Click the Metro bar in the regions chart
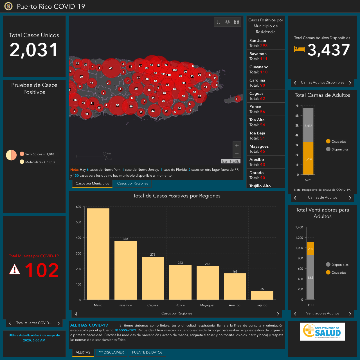tap(98, 254)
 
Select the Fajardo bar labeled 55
tap(262, 295)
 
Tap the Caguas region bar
tap(153, 278)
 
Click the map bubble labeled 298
tap(175, 70)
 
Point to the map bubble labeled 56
tap(118, 105)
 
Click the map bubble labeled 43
tap(111, 68)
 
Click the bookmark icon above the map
tap(219, 22)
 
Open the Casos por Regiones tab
tap(132, 183)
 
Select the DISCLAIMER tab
tap(111, 352)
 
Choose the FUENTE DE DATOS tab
tap(147, 352)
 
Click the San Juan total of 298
tap(264, 46)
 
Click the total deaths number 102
tap(42, 270)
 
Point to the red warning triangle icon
tap(15, 269)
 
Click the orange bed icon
tap(299, 49)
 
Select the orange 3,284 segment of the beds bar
tap(308, 158)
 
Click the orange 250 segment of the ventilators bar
tap(310, 248)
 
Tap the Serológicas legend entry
tap(37, 154)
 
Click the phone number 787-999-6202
tap(125, 330)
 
